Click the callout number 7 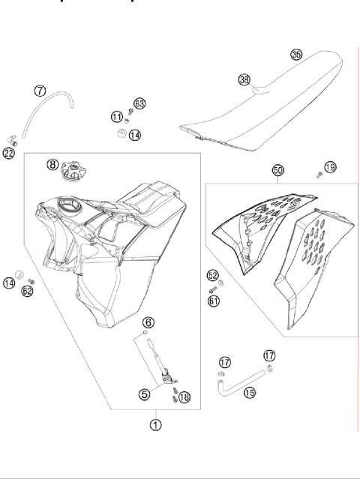[40, 91]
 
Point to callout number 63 [139, 103]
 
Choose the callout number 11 [116, 117]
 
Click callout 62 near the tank [28, 291]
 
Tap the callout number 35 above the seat [296, 54]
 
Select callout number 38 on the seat [244, 79]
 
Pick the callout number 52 [212, 275]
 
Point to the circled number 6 [148, 322]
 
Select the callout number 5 [145, 391]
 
